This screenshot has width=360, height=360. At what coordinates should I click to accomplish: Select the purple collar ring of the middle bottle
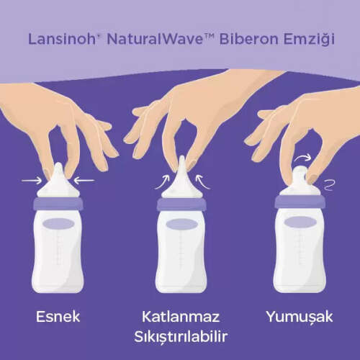coord(180,205)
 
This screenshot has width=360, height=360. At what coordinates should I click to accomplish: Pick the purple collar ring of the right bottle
coord(299,204)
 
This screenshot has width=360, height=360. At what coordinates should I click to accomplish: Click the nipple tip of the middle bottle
coord(180,164)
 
